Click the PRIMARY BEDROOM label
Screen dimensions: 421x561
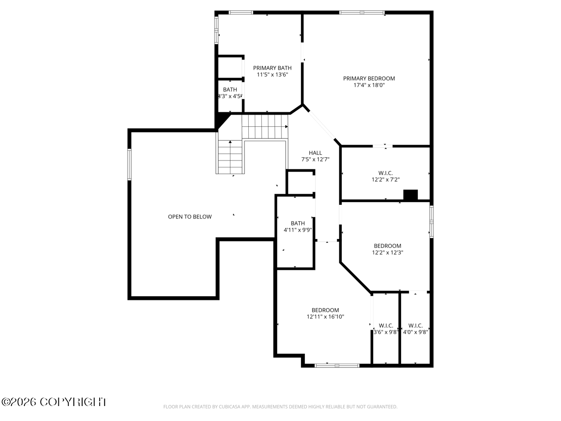pyautogui.click(x=369, y=79)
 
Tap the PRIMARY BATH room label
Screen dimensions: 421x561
pyautogui.click(x=272, y=68)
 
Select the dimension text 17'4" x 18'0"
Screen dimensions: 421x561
pyautogui.click(x=369, y=85)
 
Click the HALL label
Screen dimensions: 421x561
pyautogui.click(x=315, y=153)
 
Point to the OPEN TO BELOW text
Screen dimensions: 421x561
pyautogui.click(x=190, y=217)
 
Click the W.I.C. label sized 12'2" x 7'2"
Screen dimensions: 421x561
pyautogui.click(x=385, y=173)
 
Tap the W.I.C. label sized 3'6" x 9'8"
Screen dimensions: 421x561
pyautogui.click(x=386, y=326)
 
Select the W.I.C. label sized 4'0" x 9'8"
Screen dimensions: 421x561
pyautogui.click(x=415, y=326)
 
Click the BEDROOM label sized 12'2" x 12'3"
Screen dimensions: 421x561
pyautogui.click(x=387, y=246)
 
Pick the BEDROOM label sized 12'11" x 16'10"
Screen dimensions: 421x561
pyautogui.click(x=325, y=310)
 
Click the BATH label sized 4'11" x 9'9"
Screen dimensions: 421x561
pyautogui.click(x=298, y=224)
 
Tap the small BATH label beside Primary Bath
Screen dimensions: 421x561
pyautogui.click(x=230, y=89)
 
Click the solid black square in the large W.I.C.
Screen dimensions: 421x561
pyautogui.click(x=410, y=196)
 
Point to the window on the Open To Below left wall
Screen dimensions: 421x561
pyautogui.click(x=129, y=165)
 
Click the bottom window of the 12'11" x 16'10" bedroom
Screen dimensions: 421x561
pyautogui.click(x=337, y=365)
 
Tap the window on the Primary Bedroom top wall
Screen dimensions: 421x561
pyautogui.click(x=362, y=12)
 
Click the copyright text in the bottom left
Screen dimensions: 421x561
pyautogui.click(x=54, y=402)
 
